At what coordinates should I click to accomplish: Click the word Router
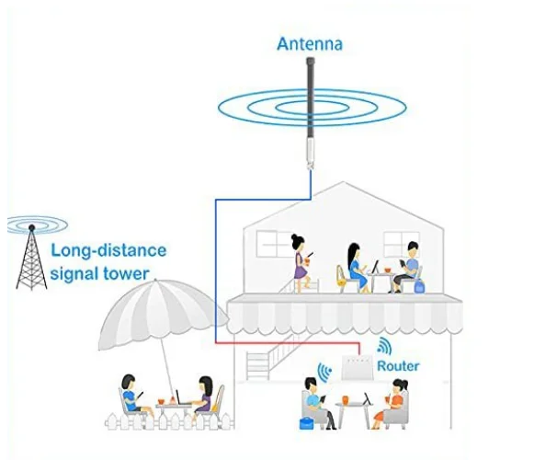(x=398, y=366)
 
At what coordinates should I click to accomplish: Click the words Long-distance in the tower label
(x=108, y=250)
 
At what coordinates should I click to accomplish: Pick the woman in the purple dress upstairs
(x=301, y=259)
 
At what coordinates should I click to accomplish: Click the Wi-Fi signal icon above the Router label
(x=383, y=347)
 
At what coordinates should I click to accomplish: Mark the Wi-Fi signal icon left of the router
(x=324, y=371)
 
